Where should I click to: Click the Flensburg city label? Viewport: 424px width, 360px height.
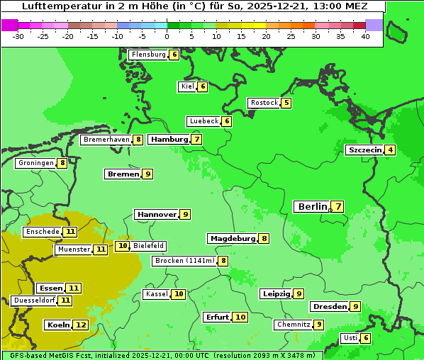148,55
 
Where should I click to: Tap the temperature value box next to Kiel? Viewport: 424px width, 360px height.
203,86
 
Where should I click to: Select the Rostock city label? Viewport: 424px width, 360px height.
264,103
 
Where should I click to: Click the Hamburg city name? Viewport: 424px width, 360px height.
169,140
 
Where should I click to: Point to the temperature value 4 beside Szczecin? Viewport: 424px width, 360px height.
391,150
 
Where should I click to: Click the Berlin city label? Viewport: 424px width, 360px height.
312,207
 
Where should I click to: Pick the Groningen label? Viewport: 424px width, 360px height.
36,163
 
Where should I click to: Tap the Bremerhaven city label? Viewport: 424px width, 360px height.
106,140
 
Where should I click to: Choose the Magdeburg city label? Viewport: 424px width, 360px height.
232,238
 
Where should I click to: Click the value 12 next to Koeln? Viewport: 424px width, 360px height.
81,325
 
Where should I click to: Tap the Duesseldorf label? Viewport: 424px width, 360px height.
34,300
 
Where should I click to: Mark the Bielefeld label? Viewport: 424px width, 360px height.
148,246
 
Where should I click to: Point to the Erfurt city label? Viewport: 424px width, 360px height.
217,317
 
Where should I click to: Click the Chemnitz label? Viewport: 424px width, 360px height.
294,325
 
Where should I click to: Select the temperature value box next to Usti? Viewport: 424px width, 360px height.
366,338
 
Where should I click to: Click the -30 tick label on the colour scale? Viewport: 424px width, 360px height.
18,36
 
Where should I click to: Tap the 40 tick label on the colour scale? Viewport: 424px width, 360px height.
365,36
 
